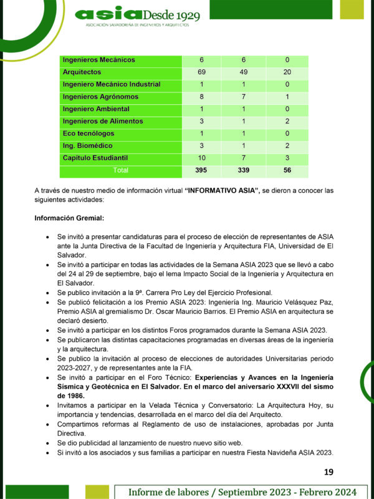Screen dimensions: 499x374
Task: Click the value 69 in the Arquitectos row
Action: [x=202, y=72]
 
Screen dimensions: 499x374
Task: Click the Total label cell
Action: [x=120, y=170]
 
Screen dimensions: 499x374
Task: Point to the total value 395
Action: [x=202, y=170]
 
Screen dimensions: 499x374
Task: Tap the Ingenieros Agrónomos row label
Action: [x=100, y=97]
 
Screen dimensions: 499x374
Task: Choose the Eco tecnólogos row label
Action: [x=88, y=133]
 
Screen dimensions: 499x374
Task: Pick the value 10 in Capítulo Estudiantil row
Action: [x=202, y=158]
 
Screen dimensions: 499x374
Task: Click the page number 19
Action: [x=329, y=472]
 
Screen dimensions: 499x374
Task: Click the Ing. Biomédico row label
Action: [x=89, y=145]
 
